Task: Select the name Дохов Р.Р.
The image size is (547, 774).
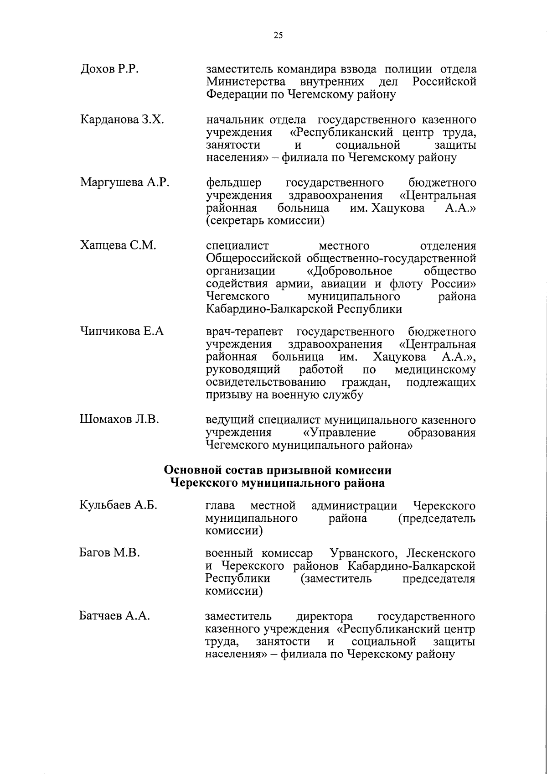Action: click(109, 70)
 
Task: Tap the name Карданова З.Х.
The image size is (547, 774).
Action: click(122, 120)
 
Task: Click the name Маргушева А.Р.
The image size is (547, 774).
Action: click(125, 183)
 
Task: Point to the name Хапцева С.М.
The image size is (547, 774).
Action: click(118, 246)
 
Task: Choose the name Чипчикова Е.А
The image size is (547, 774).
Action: click(122, 332)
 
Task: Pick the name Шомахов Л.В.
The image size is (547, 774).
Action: click(119, 420)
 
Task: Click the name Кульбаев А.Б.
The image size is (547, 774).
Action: click(119, 505)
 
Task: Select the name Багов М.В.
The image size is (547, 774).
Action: click(109, 553)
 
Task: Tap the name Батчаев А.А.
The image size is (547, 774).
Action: click(115, 616)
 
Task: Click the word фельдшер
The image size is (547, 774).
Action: click(234, 183)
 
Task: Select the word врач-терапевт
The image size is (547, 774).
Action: click(245, 332)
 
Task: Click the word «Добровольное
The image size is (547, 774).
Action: click(349, 271)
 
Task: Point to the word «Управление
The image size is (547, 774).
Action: click(339, 432)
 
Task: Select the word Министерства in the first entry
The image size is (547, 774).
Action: click(246, 82)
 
